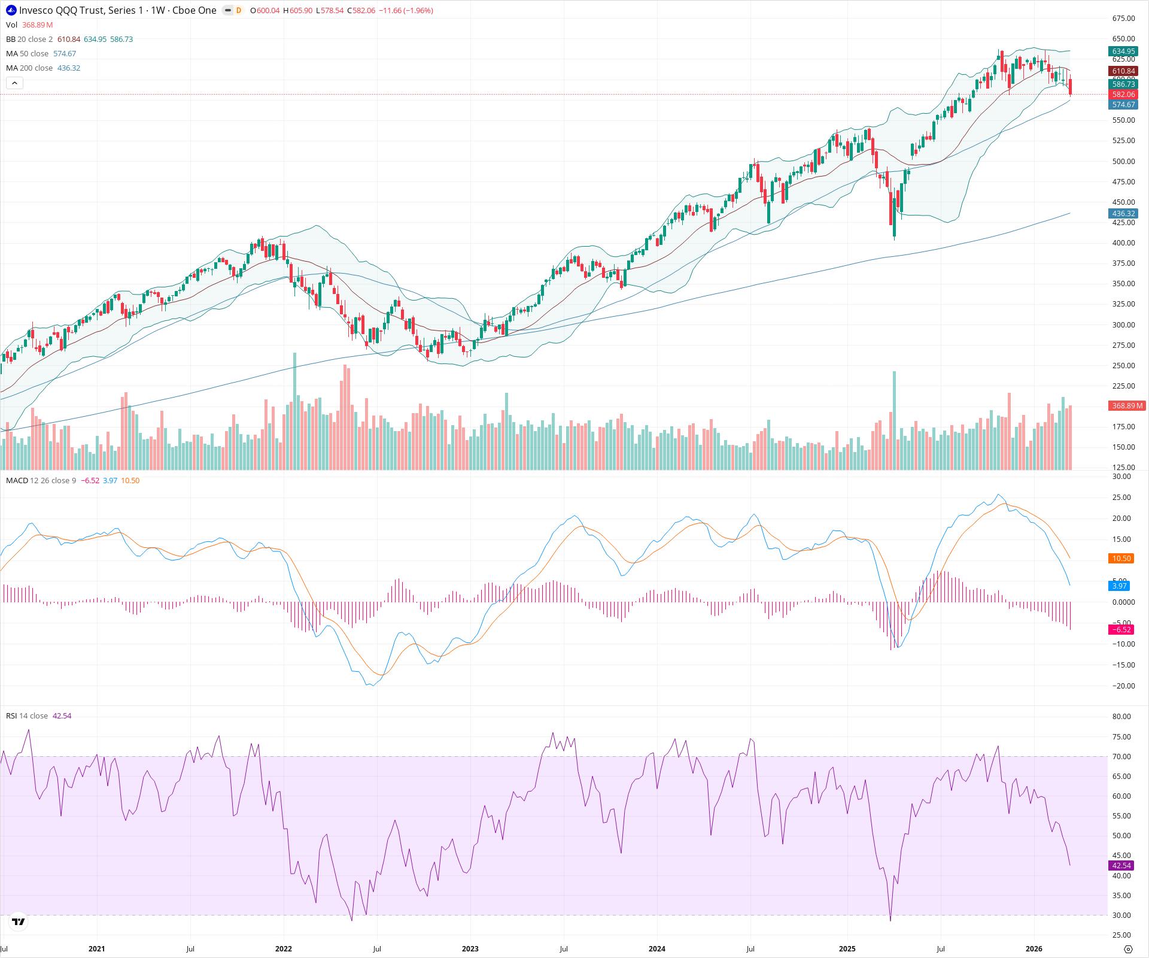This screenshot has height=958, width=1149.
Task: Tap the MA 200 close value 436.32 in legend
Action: (69, 68)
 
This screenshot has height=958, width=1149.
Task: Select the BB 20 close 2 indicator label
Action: (29, 39)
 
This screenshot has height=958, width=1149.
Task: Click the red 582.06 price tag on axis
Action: (1123, 95)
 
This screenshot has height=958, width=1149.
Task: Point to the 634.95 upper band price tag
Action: (1123, 51)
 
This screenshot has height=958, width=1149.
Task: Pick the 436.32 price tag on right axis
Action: (1123, 214)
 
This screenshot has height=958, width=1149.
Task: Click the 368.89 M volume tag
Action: (1127, 406)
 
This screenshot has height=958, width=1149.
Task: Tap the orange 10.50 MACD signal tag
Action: (1121, 559)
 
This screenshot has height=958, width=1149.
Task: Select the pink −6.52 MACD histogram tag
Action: (1121, 630)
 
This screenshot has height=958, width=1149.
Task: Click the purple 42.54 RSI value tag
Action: (1121, 866)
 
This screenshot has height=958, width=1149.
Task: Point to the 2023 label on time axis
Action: (470, 949)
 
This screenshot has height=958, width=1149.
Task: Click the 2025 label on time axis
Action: (847, 949)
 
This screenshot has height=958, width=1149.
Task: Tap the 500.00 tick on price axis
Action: (1123, 162)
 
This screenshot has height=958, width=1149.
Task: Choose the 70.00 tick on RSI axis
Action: (1121, 757)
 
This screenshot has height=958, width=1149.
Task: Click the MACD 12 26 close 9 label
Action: (41, 481)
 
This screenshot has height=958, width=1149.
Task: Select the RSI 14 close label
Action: (27, 716)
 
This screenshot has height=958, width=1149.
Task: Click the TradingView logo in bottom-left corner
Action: (19, 921)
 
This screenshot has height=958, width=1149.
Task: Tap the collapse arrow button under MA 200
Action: (14, 83)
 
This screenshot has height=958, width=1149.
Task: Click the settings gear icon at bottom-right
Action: (1128, 949)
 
